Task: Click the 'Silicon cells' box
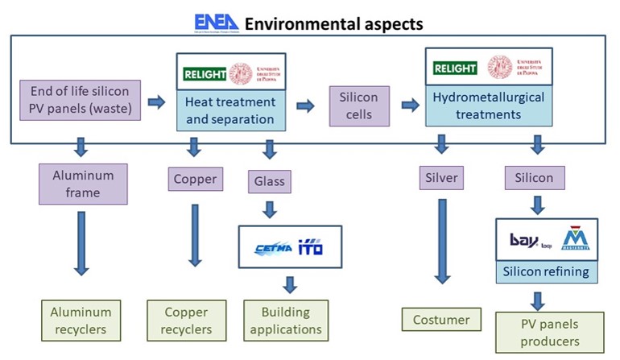[358, 106]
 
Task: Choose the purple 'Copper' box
[195, 179]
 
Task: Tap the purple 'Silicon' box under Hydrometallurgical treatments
[533, 178]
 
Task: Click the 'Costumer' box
[440, 319]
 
